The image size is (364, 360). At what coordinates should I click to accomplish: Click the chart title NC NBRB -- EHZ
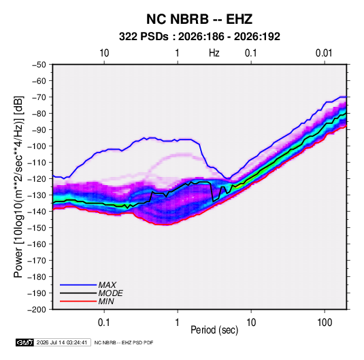199,19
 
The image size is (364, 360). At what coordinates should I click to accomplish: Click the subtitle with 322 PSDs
199,37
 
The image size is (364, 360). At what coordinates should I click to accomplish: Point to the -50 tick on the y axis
39,65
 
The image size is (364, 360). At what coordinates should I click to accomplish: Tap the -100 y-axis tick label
37,146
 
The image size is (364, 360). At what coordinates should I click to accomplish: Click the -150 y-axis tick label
37,228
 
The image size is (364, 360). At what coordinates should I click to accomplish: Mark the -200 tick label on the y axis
37,310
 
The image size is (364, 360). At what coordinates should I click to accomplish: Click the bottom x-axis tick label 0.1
104,323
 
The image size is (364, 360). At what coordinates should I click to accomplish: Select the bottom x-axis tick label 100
325,323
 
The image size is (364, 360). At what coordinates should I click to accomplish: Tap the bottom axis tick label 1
178,323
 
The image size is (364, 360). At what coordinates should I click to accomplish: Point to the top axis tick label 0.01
324,53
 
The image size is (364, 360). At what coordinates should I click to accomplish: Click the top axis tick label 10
104,53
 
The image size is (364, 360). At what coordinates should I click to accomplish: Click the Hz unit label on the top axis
214,53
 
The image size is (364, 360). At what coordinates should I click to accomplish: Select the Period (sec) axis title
214,330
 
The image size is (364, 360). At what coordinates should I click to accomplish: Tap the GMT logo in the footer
25,342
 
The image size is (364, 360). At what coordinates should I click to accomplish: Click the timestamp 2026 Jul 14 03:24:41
62,342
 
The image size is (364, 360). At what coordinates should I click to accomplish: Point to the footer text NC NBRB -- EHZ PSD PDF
124,342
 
